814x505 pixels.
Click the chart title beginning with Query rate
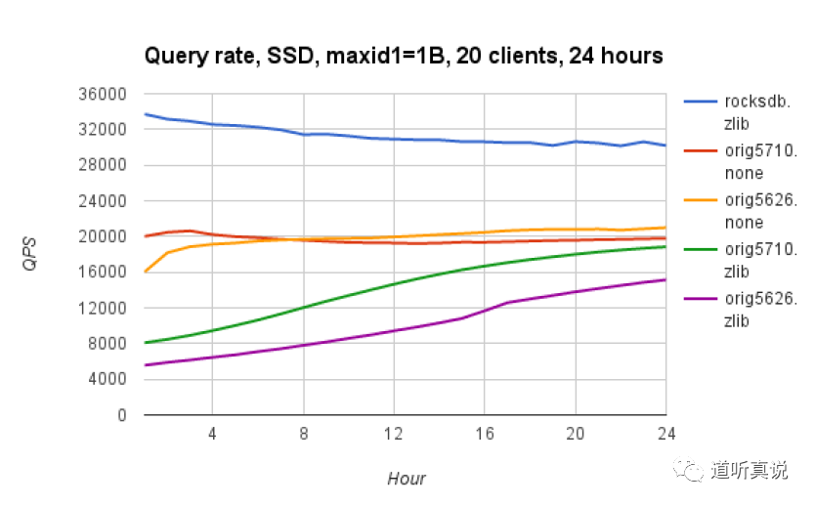404,56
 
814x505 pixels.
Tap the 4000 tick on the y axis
110,380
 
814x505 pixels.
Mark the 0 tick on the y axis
122,415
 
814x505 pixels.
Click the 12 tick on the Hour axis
393,433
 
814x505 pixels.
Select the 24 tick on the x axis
665,433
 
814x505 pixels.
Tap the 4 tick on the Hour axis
211,433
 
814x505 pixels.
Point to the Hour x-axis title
406,478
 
